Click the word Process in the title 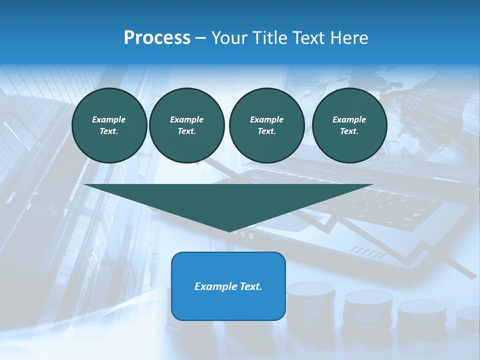[157, 38]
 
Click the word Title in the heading [270, 38]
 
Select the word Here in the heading [349, 38]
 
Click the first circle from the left [109, 125]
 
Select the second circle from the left [186, 125]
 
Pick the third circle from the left [266, 125]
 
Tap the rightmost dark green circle [349, 125]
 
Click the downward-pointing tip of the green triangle [229, 231]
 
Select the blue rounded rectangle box [228, 286]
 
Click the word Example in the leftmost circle [109, 119]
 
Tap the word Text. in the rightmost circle [349, 131]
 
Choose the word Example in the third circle [266, 119]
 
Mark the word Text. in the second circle [186, 131]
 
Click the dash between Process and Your [200, 38]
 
